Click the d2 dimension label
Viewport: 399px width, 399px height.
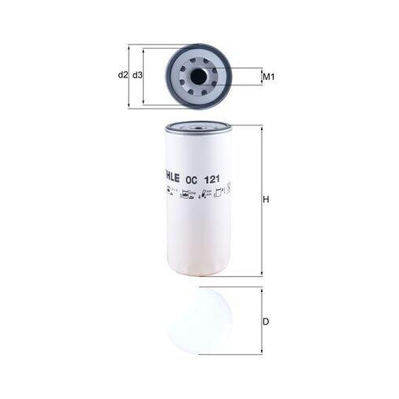[x=123, y=75]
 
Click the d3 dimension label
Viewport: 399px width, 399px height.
[x=137, y=75]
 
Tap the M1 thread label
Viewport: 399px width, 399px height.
[x=269, y=77]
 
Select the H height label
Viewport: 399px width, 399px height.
[x=267, y=200]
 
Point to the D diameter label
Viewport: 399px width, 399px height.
[x=267, y=322]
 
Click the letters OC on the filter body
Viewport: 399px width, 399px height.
[x=190, y=179]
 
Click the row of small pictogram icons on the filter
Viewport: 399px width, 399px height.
[x=196, y=192]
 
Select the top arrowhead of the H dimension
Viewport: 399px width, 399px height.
[x=261, y=128]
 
